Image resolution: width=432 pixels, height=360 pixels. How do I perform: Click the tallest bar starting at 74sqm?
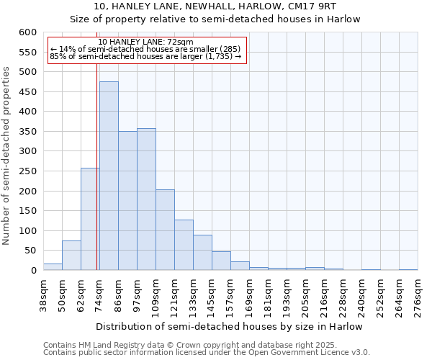(x=109, y=176)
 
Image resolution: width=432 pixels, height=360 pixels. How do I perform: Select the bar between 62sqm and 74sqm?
(x=90, y=220)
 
